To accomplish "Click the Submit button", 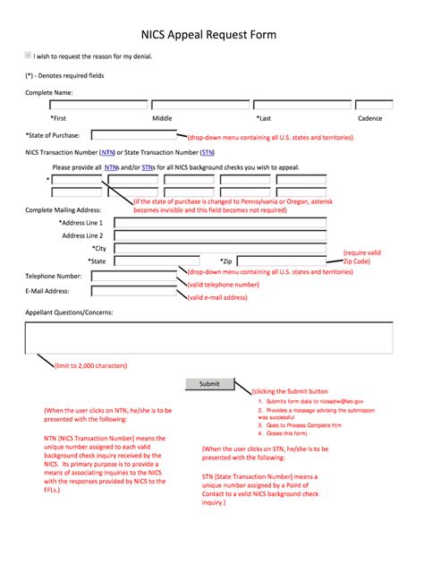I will click(209, 383).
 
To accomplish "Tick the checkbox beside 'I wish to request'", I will click(28, 56).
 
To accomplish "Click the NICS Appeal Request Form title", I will click(208, 35).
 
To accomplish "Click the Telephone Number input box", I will click(133, 276).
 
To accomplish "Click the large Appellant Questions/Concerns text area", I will click(209, 338).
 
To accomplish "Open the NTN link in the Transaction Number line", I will click(112, 153).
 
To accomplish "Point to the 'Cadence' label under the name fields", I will click(369, 118).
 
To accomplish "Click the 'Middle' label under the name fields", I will click(162, 118).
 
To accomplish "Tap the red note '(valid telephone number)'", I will click(223, 284).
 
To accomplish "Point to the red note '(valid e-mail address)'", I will click(217, 297).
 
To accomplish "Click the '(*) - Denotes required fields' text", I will click(64, 76).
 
